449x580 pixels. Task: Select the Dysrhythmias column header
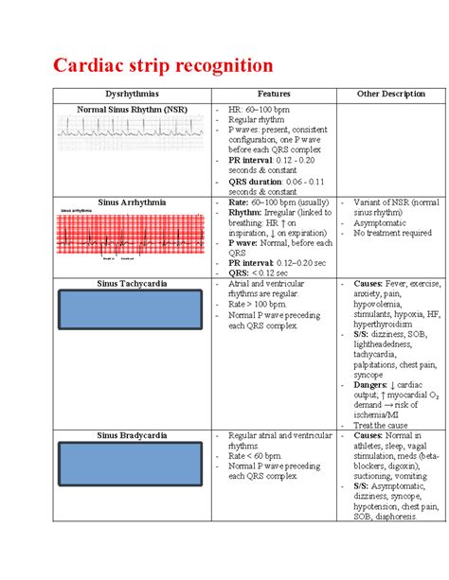134,95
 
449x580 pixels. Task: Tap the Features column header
275,95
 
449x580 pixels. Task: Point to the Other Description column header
390,95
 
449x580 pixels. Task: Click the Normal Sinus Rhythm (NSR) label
133,110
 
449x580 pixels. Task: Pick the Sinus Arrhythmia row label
133,202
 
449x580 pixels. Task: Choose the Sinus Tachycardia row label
133,283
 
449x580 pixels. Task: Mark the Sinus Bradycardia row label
133,434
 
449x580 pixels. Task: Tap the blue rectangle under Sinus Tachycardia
133,312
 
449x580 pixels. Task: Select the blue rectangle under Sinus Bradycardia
133,465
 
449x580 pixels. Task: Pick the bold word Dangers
371,386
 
